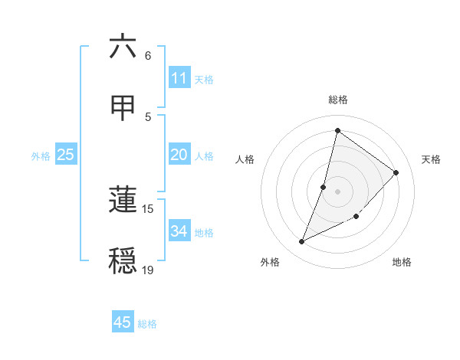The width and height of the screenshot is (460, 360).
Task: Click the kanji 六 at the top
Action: (x=123, y=47)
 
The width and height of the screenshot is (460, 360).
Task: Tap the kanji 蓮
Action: (x=123, y=200)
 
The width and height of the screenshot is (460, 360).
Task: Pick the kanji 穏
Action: (x=123, y=261)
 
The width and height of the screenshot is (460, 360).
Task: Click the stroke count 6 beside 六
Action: (x=148, y=56)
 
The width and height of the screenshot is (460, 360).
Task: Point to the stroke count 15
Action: (x=148, y=208)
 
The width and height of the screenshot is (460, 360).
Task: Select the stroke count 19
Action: (x=148, y=270)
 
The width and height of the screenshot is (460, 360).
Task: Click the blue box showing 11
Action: (x=179, y=78)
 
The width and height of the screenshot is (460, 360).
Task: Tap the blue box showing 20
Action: (x=179, y=155)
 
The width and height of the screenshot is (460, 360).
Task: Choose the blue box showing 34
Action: (x=179, y=231)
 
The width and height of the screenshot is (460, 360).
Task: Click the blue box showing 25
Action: (x=65, y=155)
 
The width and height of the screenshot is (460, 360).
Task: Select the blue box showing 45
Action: (x=123, y=322)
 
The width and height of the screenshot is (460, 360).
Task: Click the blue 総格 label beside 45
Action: (x=147, y=324)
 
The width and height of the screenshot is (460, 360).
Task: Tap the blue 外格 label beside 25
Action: (x=41, y=156)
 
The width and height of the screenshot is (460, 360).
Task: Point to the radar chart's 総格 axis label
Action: (x=337, y=100)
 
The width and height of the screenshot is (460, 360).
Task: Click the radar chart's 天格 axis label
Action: (x=431, y=159)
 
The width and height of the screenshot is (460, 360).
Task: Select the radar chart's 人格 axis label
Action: (x=245, y=159)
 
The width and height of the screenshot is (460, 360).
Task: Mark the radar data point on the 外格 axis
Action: (x=301, y=242)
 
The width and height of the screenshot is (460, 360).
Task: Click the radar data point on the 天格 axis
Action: (x=396, y=172)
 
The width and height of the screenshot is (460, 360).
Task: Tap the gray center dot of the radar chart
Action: (x=337, y=191)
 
